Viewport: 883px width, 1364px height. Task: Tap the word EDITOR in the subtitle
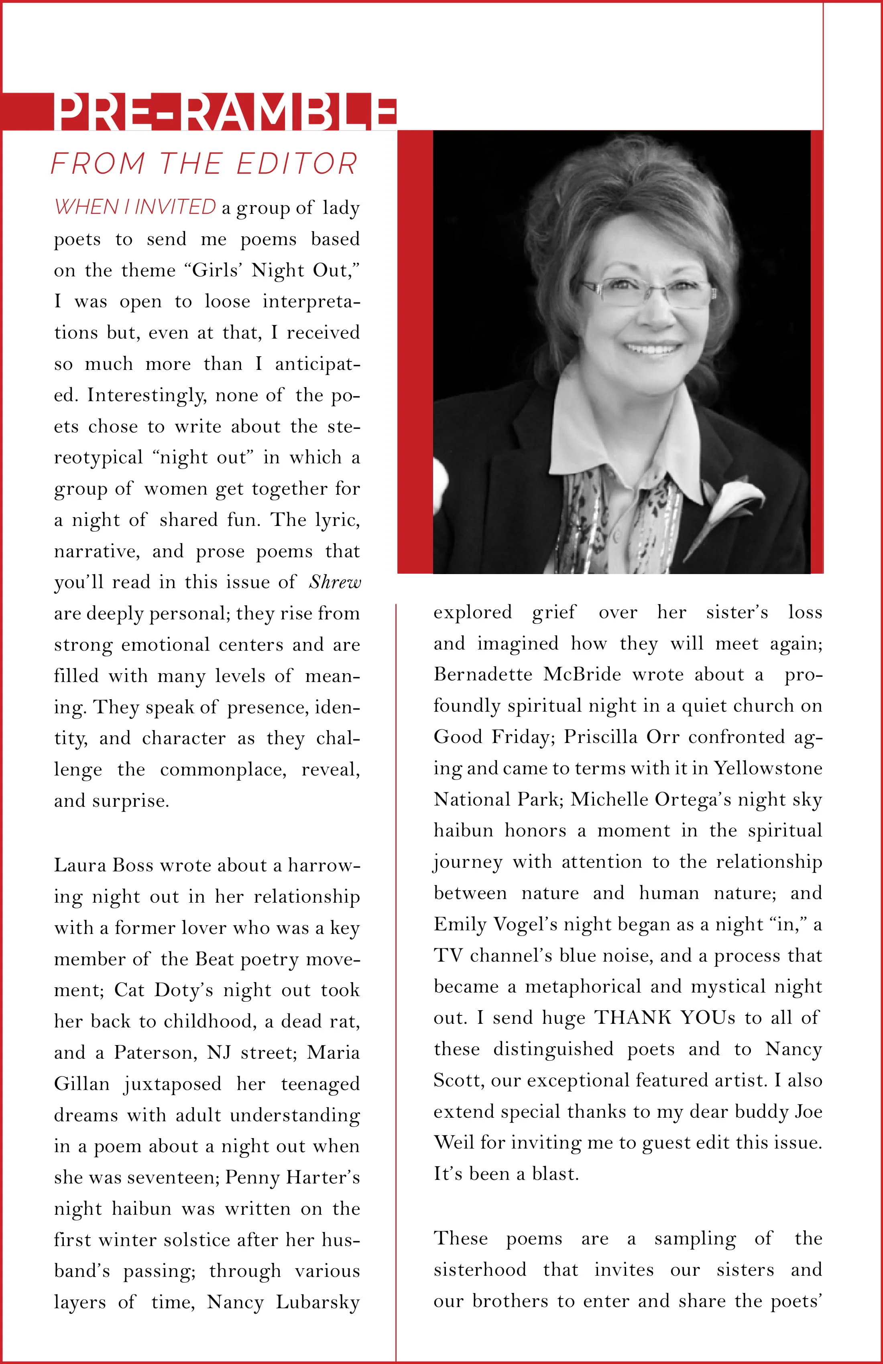coord(297,164)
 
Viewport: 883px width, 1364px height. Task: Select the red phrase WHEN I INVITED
coord(135,207)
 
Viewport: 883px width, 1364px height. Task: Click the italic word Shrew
coord(335,582)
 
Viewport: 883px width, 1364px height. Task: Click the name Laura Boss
coord(103,865)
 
